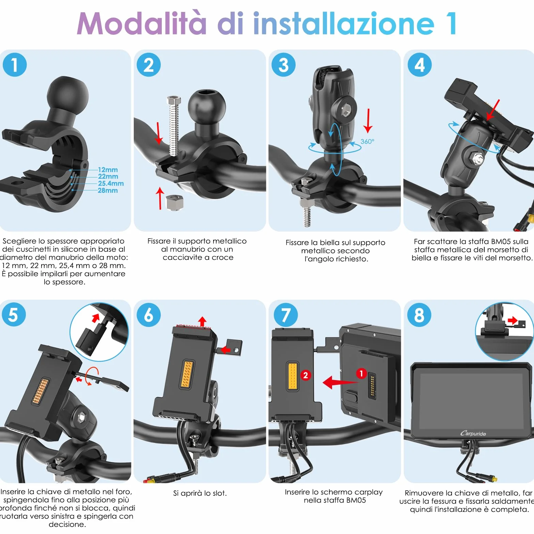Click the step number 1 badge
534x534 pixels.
coord(15,65)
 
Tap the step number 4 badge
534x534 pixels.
coord(420,65)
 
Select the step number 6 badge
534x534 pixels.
coord(148,315)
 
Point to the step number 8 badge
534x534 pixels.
coord(419,315)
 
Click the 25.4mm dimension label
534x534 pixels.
coord(111,183)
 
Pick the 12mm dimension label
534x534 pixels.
coord(108,170)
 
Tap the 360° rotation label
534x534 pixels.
coord(367,141)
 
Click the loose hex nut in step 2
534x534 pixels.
coord(174,202)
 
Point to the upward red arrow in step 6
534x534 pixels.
coord(202,321)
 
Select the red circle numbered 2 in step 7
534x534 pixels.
coord(305,375)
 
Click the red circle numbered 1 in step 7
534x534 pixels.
coord(361,373)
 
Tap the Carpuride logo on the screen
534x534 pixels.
coord(473,433)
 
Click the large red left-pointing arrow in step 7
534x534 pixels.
coord(341,382)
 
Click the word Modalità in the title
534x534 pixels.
coord(142,23)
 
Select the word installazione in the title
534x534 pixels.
coord(344,23)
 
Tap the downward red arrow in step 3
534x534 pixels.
coord(368,121)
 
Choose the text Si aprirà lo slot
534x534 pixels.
coord(200,493)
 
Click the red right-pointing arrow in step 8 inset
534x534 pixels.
coord(513,320)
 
